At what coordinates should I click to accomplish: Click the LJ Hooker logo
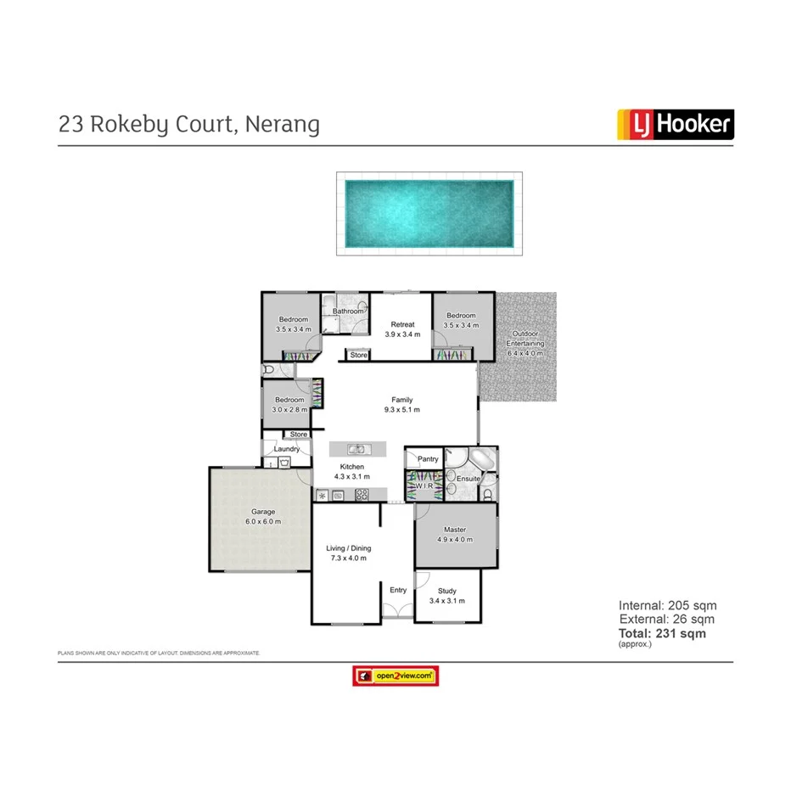click(x=673, y=124)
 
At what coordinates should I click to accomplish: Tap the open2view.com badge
click(x=395, y=676)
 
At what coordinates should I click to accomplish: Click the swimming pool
click(x=429, y=213)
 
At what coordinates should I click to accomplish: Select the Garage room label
click(x=263, y=512)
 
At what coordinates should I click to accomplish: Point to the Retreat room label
click(x=402, y=324)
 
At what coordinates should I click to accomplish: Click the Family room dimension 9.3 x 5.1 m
click(x=401, y=410)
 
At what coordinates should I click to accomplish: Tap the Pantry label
click(x=429, y=459)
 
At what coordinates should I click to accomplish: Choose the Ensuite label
click(x=468, y=479)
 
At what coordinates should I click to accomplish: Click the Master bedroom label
click(x=455, y=530)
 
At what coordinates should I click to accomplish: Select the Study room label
click(x=447, y=591)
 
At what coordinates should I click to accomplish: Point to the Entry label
click(x=398, y=590)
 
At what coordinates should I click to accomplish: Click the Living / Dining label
click(x=349, y=548)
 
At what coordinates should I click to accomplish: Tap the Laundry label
click(x=287, y=449)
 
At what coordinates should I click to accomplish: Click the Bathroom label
click(x=348, y=311)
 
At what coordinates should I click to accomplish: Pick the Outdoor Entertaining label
click(x=525, y=338)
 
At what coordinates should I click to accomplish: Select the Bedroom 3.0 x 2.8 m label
click(x=289, y=400)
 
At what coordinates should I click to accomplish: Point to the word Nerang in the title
click(x=283, y=124)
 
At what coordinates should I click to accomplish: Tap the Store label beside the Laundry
click(x=299, y=435)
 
